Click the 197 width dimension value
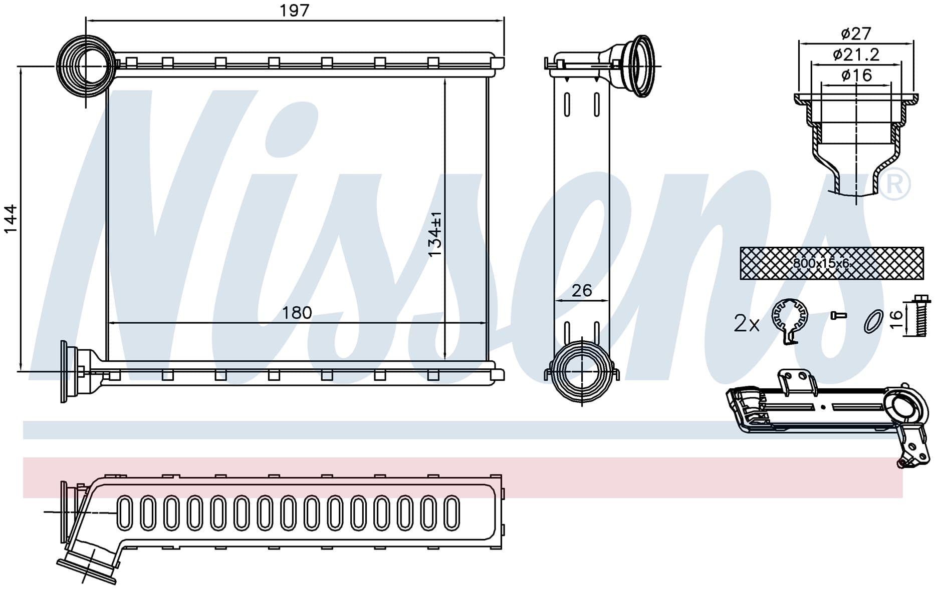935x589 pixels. pyautogui.click(x=295, y=10)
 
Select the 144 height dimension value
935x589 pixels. pyautogui.click(x=11, y=219)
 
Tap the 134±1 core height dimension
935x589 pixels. pyautogui.click(x=435, y=234)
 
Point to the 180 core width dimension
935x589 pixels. pyautogui.click(x=297, y=313)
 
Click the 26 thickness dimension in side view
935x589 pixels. pyautogui.click(x=582, y=290)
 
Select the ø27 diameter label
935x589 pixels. pyautogui.click(x=856, y=34)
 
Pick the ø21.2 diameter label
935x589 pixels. pyautogui.click(x=856, y=54)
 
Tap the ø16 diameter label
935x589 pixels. pyautogui.click(x=856, y=75)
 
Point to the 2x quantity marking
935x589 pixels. pyautogui.click(x=747, y=324)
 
